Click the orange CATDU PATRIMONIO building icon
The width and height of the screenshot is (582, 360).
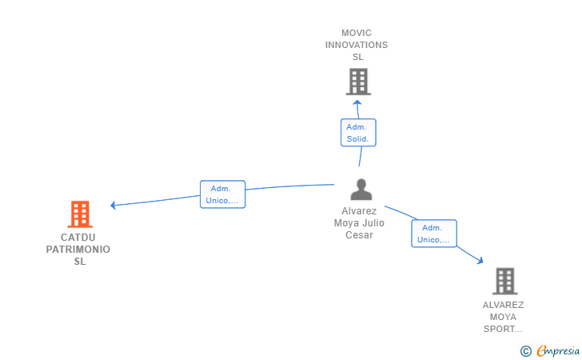tap(80, 214)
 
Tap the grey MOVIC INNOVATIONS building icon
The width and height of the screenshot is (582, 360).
tap(358, 82)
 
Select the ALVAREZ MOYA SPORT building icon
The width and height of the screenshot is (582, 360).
tap(505, 282)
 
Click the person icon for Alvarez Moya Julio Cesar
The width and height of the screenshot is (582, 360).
tap(361, 190)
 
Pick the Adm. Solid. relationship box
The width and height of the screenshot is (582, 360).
tap(358, 133)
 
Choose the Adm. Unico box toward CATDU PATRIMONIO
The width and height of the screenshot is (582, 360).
tap(223, 194)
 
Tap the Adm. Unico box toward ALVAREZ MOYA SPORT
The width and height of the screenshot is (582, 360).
tap(434, 234)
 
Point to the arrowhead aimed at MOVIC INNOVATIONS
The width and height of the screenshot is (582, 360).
tap(357, 103)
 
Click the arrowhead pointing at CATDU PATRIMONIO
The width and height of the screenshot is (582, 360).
tap(114, 205)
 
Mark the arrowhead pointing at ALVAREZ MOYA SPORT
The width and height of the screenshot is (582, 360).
tap(480, 261)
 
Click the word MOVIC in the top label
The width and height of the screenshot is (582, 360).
tap(357, 33)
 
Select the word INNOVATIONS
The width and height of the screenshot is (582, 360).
tap(357, 45)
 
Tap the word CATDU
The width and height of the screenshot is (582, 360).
tap(78, 238)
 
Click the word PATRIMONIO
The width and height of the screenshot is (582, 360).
tap(78, 250)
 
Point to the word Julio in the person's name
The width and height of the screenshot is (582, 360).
tap(374, 223)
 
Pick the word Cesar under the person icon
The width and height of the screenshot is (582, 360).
tap(359, 235)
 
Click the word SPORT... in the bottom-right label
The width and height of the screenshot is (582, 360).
tap(503, 329)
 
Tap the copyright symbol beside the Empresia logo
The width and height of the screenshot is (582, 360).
tap(525, 351)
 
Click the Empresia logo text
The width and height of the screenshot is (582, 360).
tap(558, 350)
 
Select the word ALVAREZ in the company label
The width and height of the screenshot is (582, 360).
tap(503, 305)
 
